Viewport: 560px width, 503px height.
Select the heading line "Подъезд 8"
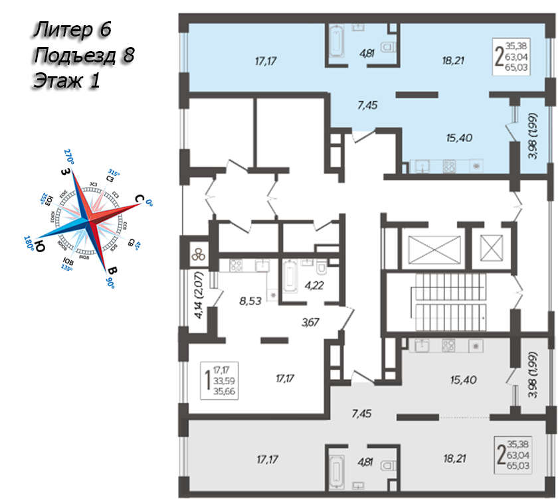coord(83,55)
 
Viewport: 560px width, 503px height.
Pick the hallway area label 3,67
coord(310,323)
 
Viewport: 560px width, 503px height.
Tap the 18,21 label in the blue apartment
coord(452,60)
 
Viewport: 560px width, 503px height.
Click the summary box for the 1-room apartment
coord(221,380)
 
